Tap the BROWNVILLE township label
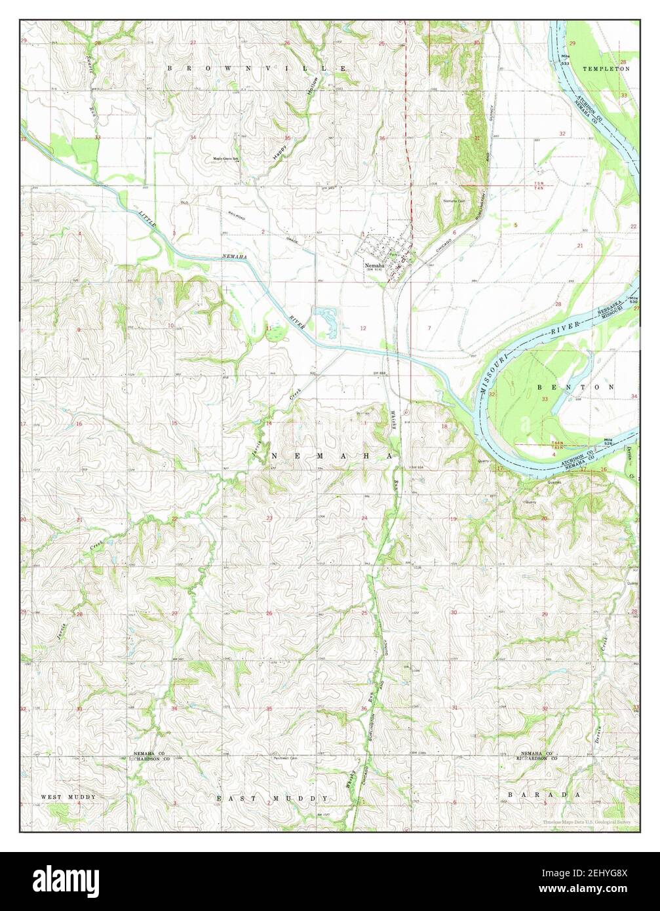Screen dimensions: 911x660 256,68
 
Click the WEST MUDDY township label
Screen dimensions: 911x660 68,797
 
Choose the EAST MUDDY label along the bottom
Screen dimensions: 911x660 273,799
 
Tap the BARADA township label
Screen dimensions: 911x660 543,794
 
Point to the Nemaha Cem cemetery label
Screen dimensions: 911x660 454,201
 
